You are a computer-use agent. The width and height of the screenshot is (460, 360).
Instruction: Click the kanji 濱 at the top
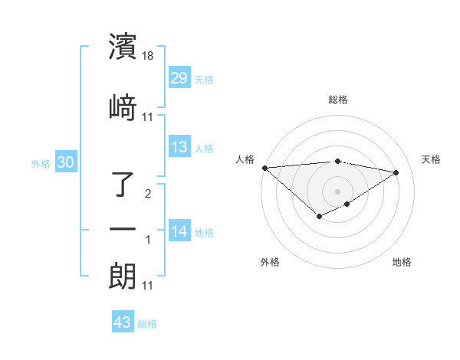pos(123,47)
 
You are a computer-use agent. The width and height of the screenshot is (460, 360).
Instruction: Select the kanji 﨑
pos(123,107)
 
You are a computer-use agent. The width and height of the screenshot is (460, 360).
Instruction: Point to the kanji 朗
pos(123,276)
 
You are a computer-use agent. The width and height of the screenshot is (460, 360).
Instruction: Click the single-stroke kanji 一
pos(123,229)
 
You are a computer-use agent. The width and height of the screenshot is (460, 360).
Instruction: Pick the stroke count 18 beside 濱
pos(148,57)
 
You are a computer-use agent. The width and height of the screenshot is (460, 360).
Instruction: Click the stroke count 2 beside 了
pos(148,194)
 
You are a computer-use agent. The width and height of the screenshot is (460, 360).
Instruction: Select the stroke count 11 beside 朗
pos(148,286)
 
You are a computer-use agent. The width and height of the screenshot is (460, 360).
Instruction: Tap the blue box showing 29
pos(179,78)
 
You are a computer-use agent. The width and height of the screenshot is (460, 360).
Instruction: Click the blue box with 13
pos(179,147)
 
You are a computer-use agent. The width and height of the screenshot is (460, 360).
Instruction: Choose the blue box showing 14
pos(179,231)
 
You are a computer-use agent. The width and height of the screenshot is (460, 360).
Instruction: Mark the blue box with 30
pos(66,162)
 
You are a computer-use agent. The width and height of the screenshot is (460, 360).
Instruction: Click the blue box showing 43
pos(123,322)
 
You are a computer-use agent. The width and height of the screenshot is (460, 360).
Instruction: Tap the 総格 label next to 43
pos(147,324)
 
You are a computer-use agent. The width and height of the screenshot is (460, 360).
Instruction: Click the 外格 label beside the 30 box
pos(41,164)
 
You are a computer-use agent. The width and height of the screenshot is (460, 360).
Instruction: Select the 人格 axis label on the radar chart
pos(245,159)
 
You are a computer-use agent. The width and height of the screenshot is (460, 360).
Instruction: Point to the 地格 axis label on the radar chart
pos(402,262)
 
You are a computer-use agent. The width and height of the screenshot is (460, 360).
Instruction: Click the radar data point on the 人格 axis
pos(264,168)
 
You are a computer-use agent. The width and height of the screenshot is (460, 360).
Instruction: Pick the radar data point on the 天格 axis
pos(396,172)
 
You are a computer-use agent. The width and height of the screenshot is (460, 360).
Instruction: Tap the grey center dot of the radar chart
pos(337,191)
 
